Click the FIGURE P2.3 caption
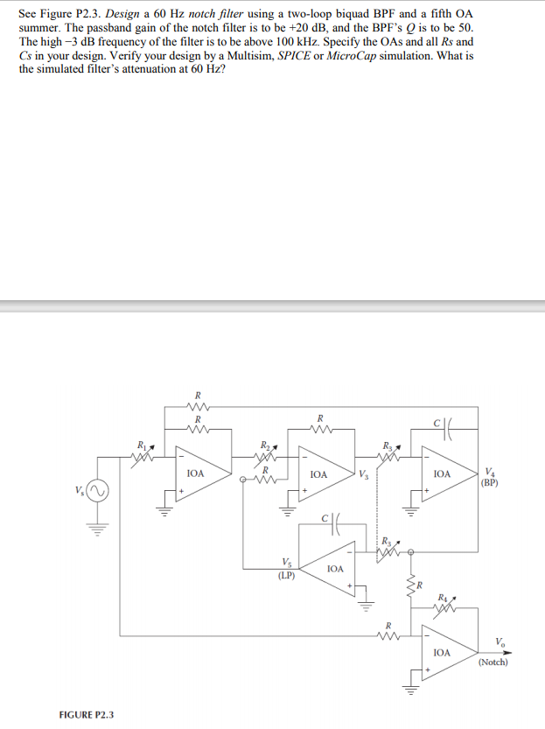coord(86,715)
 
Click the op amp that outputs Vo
coord(443,652)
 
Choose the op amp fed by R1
coord(197,473)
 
